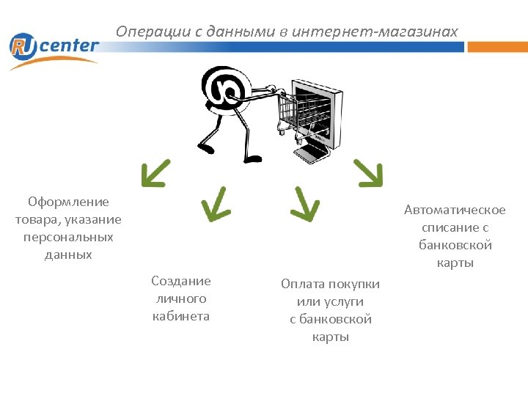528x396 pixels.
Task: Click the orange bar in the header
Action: pos(497,47)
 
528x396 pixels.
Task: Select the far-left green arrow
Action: pos(155,173)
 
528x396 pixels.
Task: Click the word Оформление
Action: pos(68,202)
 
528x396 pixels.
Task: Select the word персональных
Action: pos(68,237)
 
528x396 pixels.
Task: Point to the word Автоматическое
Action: pos(455,210)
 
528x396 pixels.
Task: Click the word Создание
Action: pos(180,281)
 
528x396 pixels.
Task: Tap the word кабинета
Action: pos(180,316)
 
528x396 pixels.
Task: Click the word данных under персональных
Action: pos(68,254)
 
